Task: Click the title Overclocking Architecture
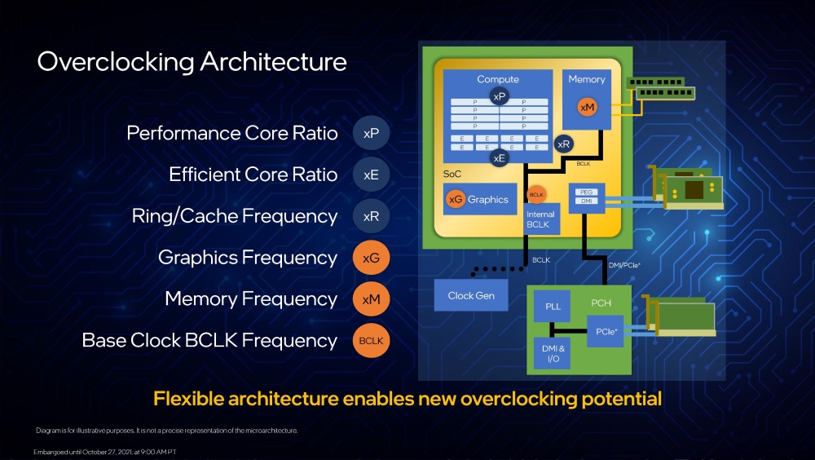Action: pos(192,62)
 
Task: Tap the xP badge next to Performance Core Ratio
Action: pos(371,133)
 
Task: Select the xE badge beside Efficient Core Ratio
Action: pos(371,175)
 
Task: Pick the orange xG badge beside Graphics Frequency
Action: pos(371,258)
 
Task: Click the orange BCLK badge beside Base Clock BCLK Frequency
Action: pos(371,340)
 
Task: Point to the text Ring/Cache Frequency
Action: pos(235,216)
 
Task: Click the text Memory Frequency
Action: pos(251,299)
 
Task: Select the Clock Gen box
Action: pos(471,295)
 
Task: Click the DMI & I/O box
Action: pos(552,352)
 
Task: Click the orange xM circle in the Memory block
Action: pos(587,107)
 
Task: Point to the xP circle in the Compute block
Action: pos(499,97)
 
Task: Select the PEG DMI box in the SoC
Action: pos(587,197)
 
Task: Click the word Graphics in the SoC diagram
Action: pos(487,199)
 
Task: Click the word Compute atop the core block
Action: pos(498,79)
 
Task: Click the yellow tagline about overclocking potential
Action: pos(407,400)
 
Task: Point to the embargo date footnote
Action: pos(105,451)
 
